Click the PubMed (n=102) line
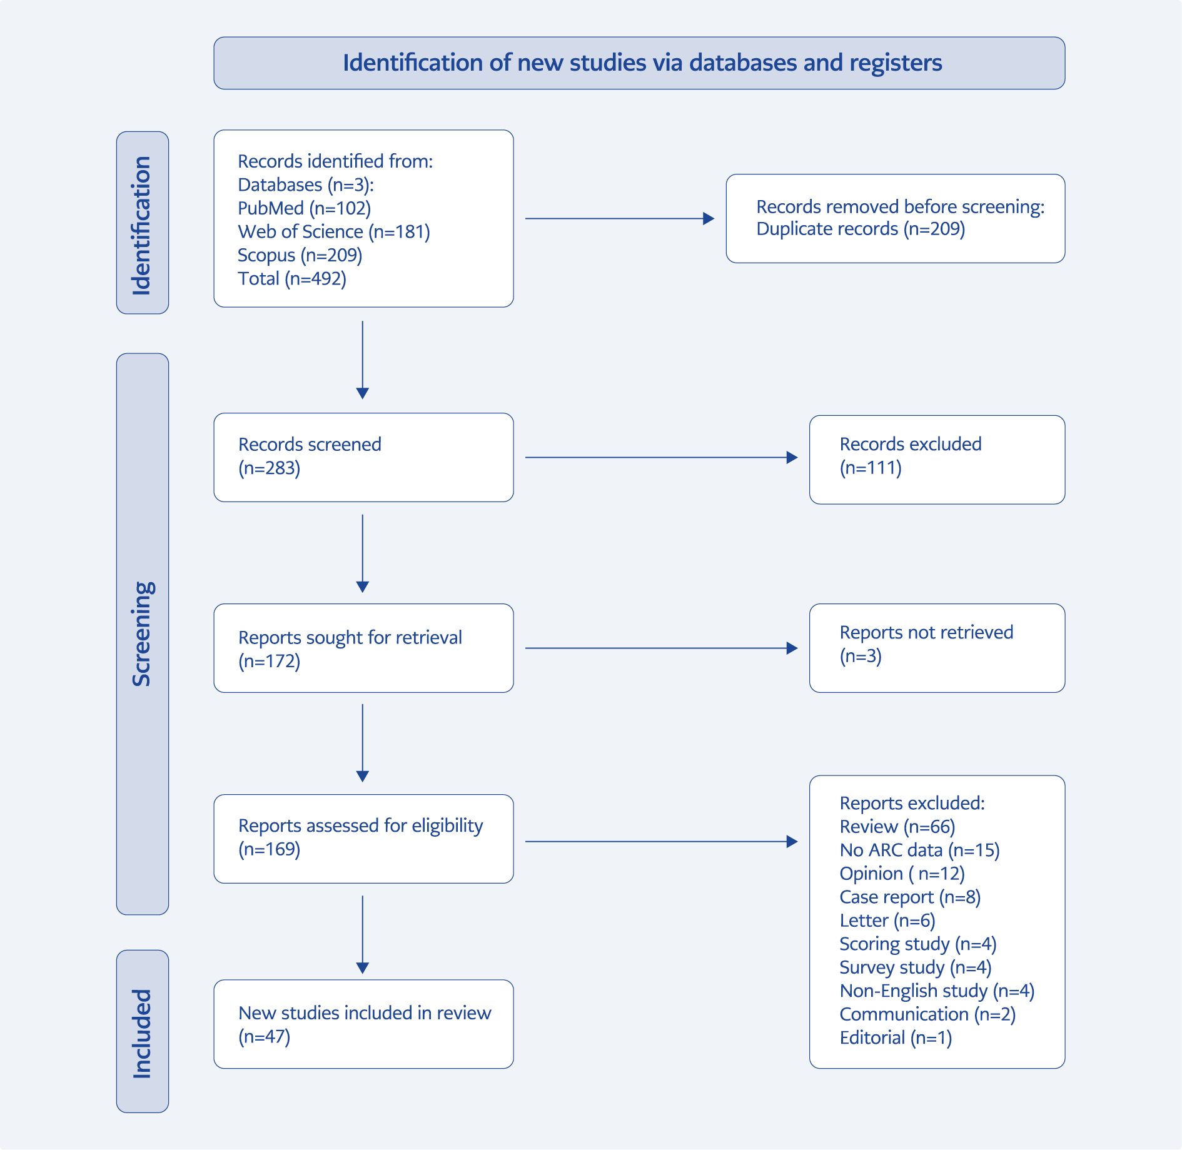[x=304, y=208]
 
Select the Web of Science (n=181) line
[x=334, y=232]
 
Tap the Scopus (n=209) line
[x=300, y=255]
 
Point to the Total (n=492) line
[x=292, y=279]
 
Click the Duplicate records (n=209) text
[x=861, y=229]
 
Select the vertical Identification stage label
[x=142, y=225]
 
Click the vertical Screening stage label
[x=142, y=634]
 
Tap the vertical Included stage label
[x=142, y=1034]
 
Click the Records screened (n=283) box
[x=363, y=457]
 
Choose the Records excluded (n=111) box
[x=937, y=460]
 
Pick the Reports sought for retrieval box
[x=363, y=648]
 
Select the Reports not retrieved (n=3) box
[x=937, y=648]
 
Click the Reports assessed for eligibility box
[x=363, y=839]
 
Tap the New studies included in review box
[x=363, y=1024]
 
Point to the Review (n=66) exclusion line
[x=897, y=827]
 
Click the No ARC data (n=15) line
[x=919, y=850]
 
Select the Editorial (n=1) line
[x=896, y=1038]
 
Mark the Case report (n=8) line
[x=910, y=897]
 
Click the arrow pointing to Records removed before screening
[x=620, y=218]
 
